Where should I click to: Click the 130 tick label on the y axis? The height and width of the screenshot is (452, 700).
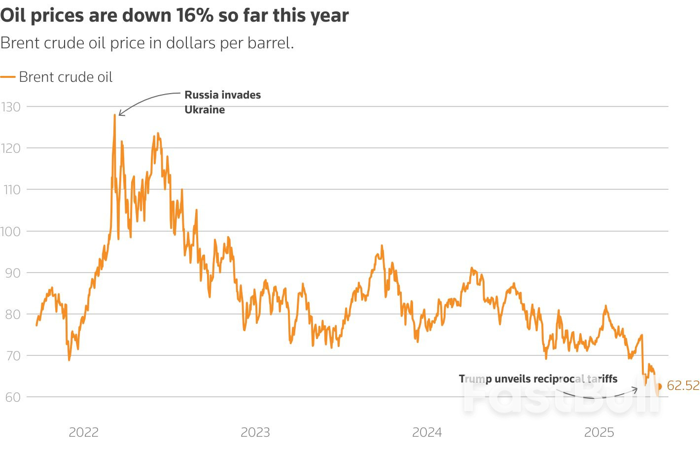pos(10,106)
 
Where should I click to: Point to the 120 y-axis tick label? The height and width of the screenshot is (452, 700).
pos(10,148)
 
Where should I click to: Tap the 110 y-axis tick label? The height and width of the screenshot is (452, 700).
pos(10,189)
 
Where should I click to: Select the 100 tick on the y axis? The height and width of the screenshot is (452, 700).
pos(10,231)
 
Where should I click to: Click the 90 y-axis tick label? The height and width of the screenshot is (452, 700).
pos(10,273)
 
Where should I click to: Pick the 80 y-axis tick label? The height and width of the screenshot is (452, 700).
pos(10,314)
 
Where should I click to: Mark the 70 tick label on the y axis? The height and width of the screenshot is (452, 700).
pos(10,355)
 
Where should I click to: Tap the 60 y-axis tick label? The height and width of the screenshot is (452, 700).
pos(10,397)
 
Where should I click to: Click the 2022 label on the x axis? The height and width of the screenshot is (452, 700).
pos(84,432)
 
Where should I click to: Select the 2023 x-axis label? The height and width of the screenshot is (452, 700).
pos(255,432)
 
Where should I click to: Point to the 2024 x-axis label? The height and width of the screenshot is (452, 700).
pos(427,432)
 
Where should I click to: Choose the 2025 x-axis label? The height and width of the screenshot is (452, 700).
pos(599,432)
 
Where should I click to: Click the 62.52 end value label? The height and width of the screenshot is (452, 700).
pos(683,385)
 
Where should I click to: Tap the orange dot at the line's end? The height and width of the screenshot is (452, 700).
pos(659,386)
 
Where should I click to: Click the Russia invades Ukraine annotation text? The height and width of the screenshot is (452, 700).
pos(222,102)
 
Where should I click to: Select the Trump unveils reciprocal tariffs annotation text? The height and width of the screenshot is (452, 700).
pos(538,379)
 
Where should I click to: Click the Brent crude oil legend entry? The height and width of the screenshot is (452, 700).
pos(66,77)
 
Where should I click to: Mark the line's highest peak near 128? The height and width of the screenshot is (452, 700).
pos(115,115)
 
